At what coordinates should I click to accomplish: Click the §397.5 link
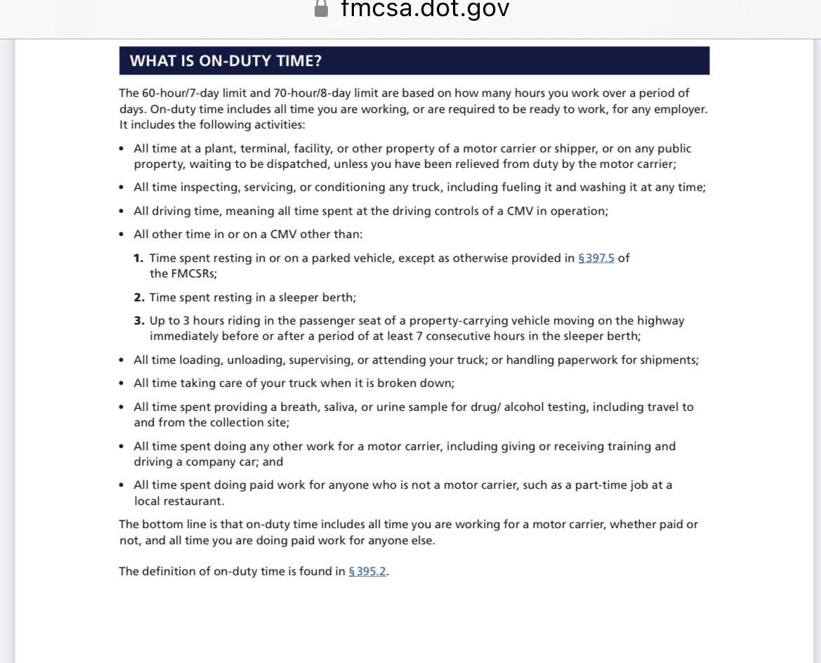point(596,258)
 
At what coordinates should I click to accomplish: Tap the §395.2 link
point(367,572)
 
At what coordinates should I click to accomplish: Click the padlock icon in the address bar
point(321,8)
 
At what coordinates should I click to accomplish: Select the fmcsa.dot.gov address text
point(425,8)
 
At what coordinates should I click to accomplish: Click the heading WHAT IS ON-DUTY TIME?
point(225,61)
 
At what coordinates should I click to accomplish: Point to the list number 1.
point(138,258)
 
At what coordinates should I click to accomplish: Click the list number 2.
point(138,298)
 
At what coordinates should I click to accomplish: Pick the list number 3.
point(138,321)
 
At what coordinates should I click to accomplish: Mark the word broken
point(401,383)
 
